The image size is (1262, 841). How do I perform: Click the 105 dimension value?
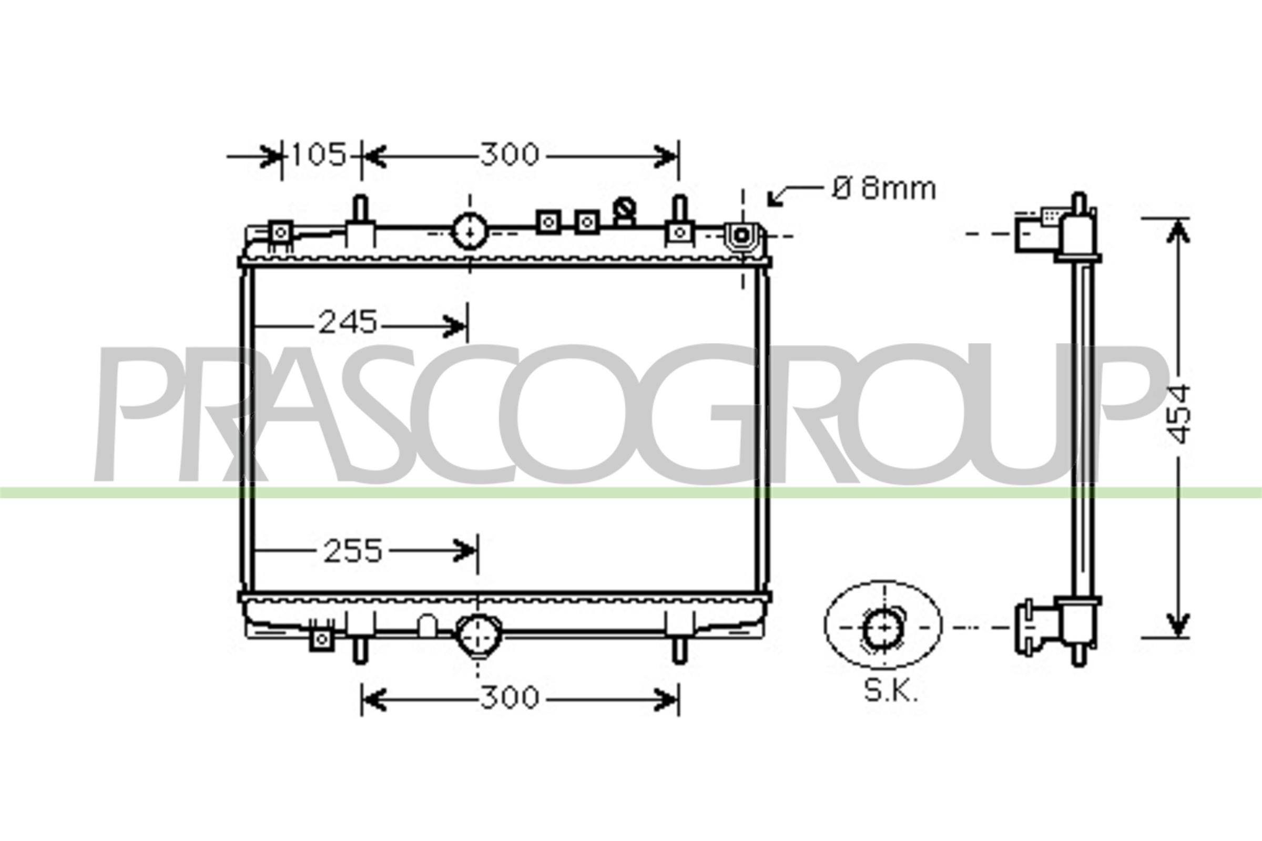point(319,155)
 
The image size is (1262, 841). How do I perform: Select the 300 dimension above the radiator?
point(509,155)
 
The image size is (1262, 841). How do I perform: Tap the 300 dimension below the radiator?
point(509,698)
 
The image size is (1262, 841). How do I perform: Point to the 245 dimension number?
point(348,323)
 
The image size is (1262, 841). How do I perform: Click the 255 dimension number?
point(352,551)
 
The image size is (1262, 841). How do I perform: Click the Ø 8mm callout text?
point(884,189)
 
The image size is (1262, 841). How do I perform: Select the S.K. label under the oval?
point(891,692)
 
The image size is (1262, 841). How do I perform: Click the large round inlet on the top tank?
point(470,231)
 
